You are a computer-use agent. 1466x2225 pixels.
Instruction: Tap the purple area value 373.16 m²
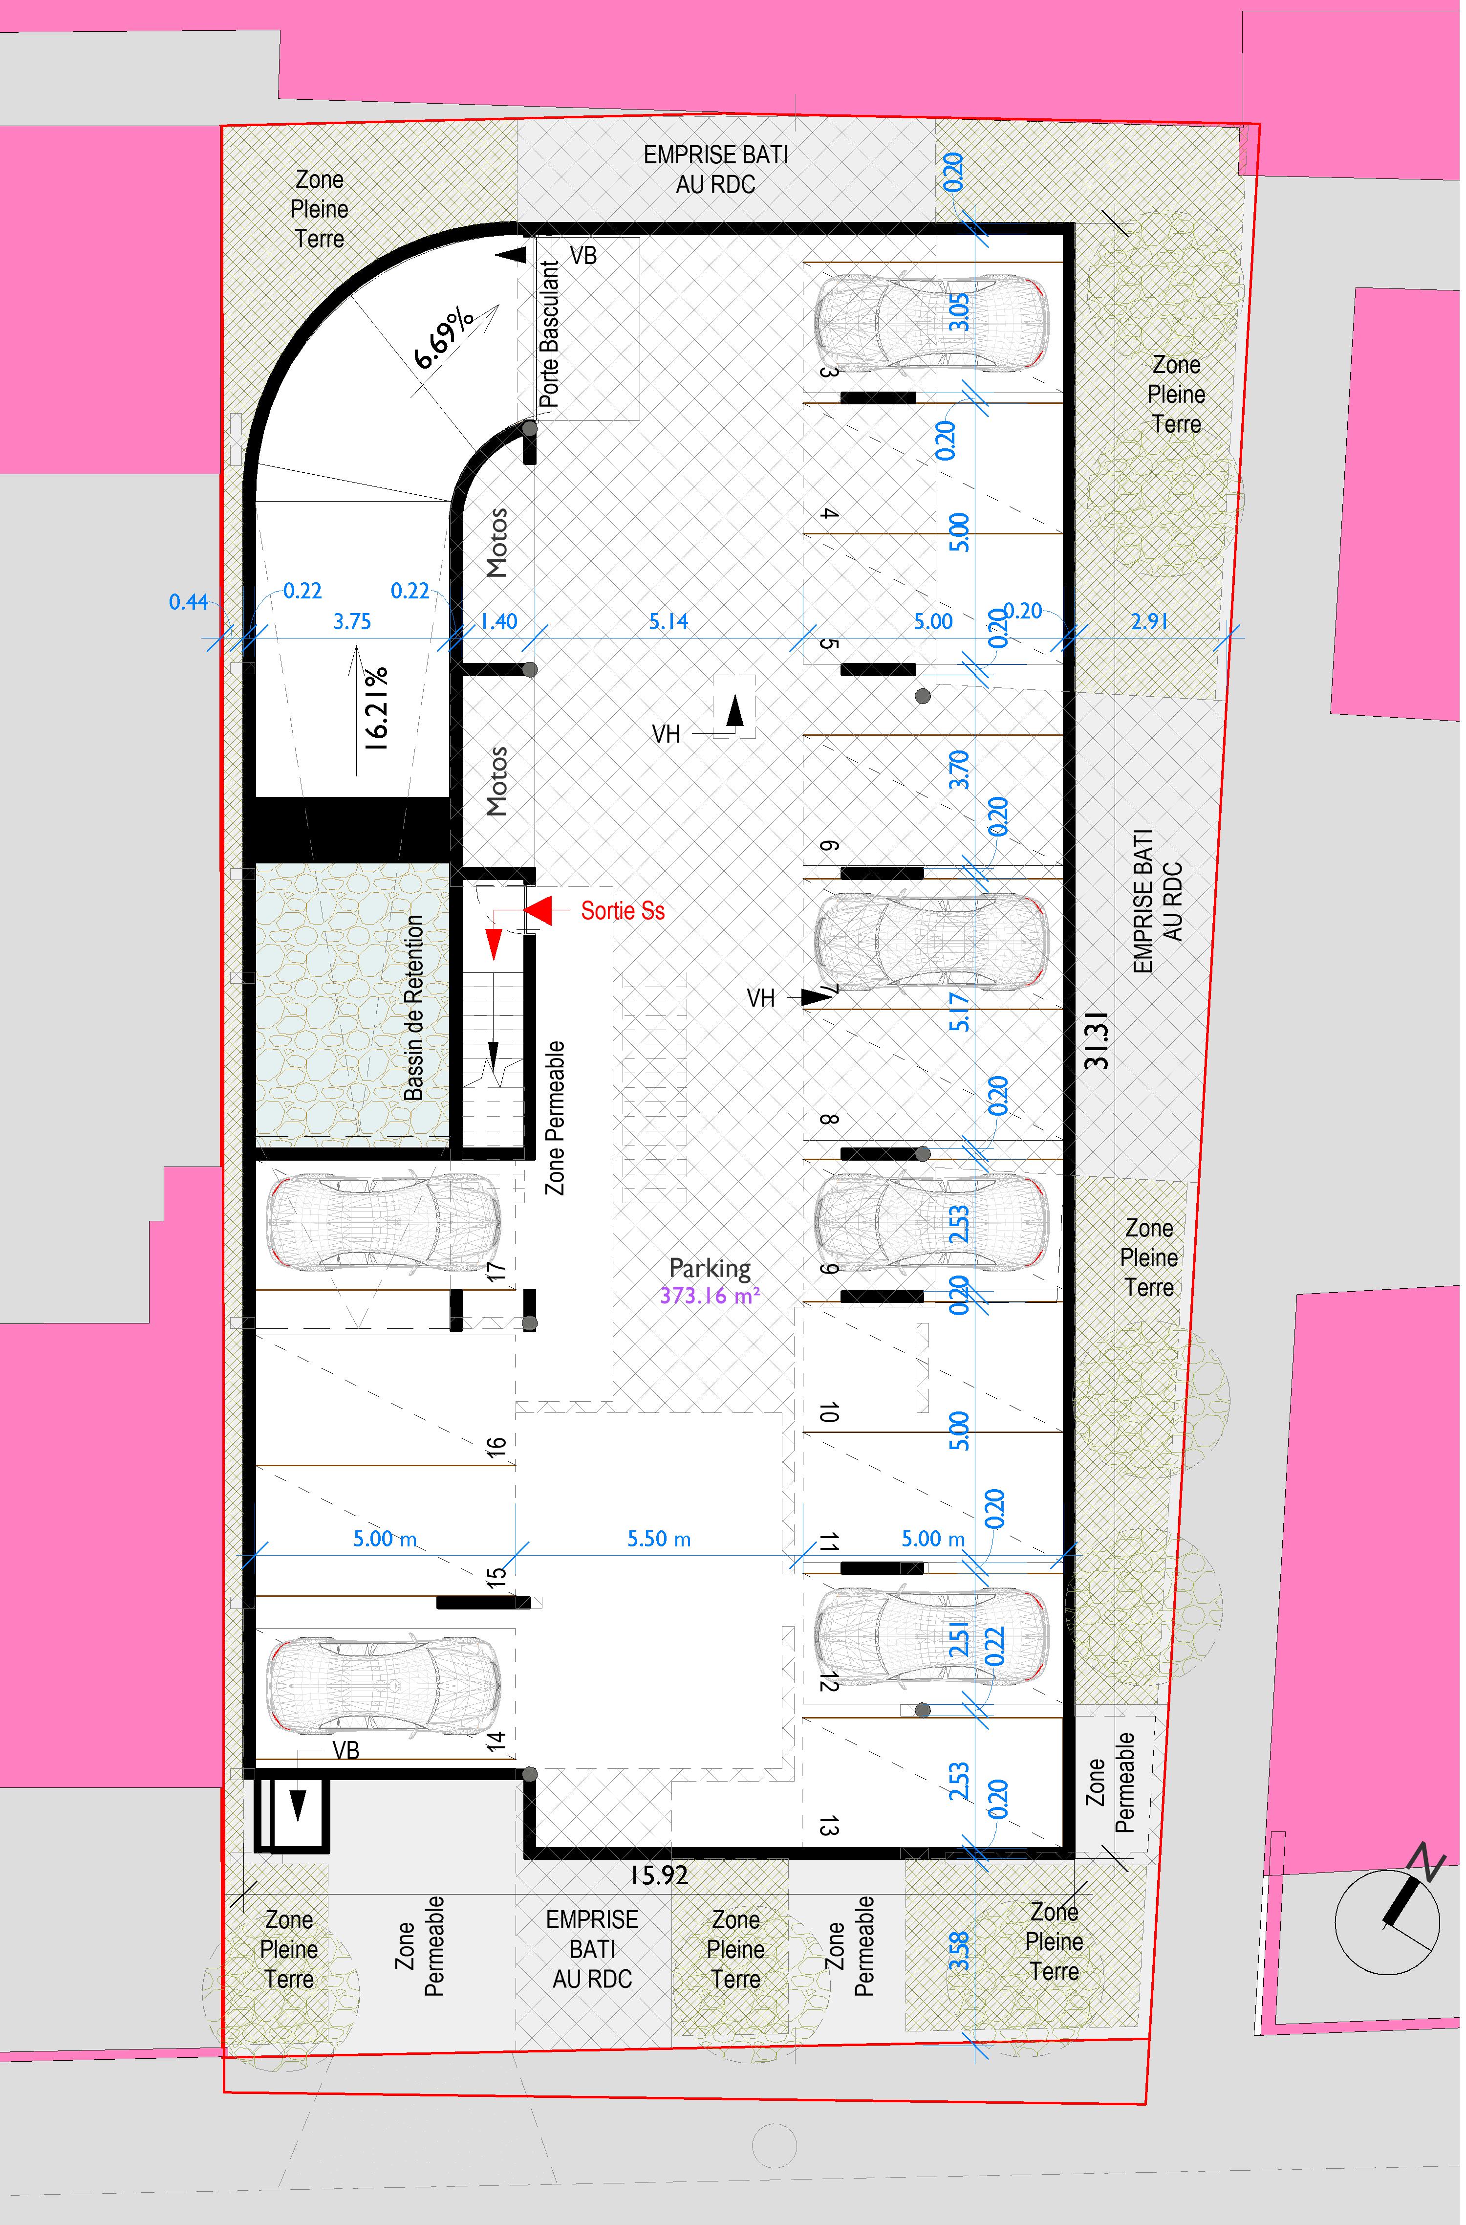click(x=710, y=1295)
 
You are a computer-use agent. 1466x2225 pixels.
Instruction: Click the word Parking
click(x=710, y=1268)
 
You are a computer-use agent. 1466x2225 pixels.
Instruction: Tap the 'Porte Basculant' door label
click(x=550, y=334)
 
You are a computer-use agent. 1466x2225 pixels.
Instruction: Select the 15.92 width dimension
click(x=658, y=1875)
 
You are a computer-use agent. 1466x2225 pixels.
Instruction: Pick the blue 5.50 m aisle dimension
click(x=659, y=1539)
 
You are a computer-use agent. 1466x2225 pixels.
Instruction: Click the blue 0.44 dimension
click(x=188, y=601)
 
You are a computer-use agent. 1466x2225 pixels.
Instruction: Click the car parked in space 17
click(x=383, y=1222)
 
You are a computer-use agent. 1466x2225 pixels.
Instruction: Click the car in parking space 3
click(x=930, y=322)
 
